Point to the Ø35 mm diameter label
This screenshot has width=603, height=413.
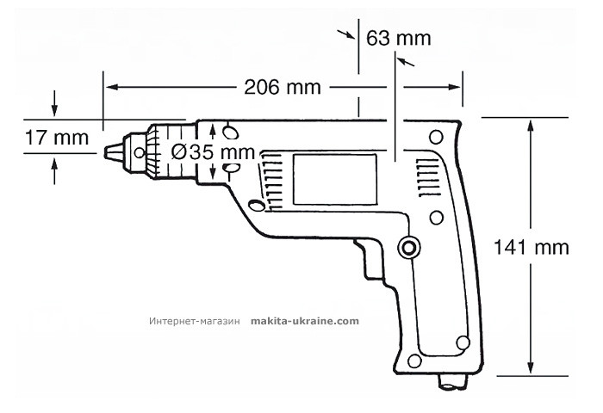tap(213, 152)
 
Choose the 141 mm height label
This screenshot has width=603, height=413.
tap(532, 247)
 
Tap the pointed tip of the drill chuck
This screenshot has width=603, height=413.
tap(108, 151)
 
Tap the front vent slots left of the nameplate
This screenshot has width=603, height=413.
tap(274, 178)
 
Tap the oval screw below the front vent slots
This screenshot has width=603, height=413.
tap(258, 206)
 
